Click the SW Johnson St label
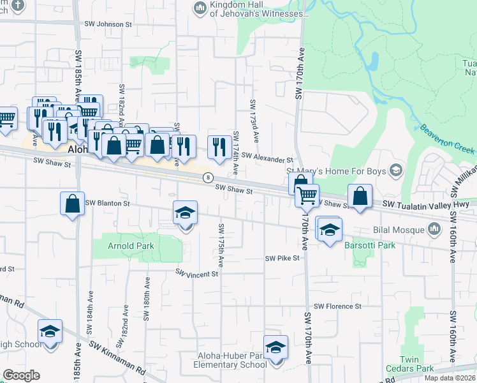coord(108,24)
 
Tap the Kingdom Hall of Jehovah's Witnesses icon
coord(199,7)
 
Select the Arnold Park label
coord(121,246)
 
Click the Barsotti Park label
coord(370,245)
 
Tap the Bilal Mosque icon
coord(434,229)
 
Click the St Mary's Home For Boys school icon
coord(396,170)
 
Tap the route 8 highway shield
coord(207,177)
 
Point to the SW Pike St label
coord(282,258)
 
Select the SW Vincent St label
coord(197,273)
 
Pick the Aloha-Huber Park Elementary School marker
coord(275,348)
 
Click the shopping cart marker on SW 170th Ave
coord(307,195)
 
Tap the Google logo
coord(21,375)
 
